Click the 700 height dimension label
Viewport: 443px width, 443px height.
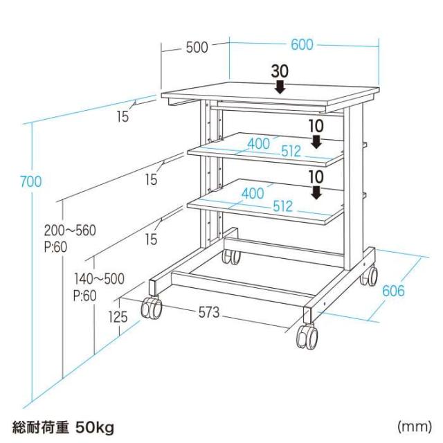tap(30, 181)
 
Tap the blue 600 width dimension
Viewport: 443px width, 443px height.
tap(302, 44)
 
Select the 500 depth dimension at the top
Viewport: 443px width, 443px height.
tap(197, 47)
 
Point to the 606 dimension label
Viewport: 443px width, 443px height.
tap(393, 291)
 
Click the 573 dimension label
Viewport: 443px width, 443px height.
tap(209, 312)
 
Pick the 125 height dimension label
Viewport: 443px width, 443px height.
tap(118, 317)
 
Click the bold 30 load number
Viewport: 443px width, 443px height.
tap(280, 71)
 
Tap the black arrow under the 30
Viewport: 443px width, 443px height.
tap(280, 87)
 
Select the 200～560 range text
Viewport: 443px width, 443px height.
tap(70, 230)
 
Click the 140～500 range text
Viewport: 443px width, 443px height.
tap(99, 279)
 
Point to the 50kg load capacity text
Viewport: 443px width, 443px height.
tap(95, 428)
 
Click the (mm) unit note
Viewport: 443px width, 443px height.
tap(415, 427)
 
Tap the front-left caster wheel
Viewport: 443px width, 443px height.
tap(152, 307)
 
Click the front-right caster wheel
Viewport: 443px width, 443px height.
tap(307, 337)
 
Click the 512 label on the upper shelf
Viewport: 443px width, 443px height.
tap(291, 151)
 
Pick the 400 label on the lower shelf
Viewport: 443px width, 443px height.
tap(253, 194)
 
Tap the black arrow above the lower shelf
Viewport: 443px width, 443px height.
tap(316, 192)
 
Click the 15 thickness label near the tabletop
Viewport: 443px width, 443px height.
tap(123, 116)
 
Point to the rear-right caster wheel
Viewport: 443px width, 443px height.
tap(369, 275)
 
